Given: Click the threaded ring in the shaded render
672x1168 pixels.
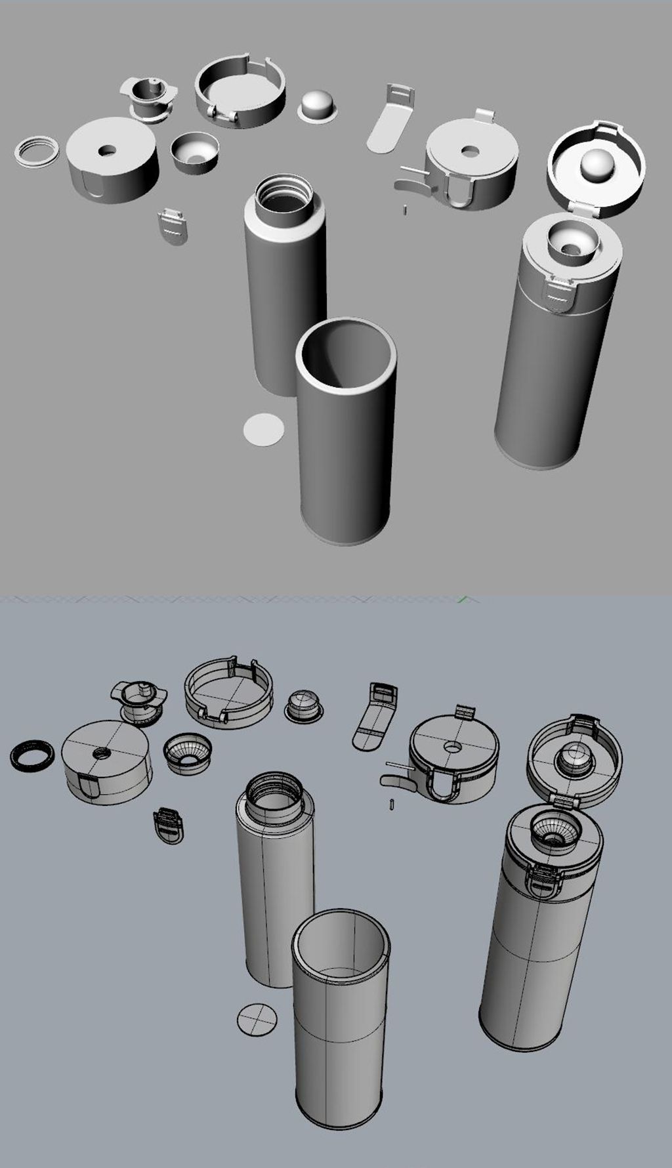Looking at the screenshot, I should point(36,152).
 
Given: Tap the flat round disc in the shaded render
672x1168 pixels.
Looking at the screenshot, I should point(264,429).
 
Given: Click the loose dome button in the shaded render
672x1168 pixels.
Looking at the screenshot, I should point(319,106).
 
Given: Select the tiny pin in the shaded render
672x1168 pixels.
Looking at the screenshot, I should point(406,210).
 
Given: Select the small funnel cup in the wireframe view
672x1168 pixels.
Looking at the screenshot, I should point(188,752).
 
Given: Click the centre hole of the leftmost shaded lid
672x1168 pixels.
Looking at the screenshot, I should point(107,151).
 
